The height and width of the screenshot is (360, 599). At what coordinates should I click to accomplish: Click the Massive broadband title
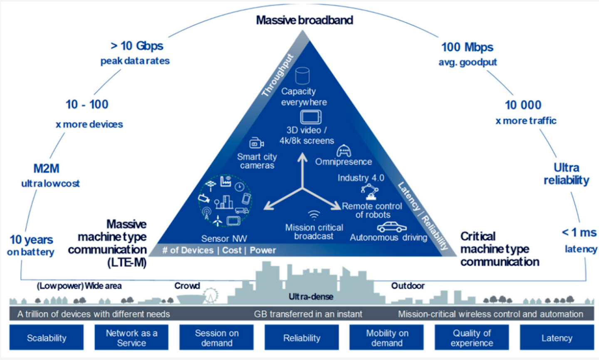tap(304, 20)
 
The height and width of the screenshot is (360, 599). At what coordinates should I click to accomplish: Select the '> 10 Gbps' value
tap(137, 46)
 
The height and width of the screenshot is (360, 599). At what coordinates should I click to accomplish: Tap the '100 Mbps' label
tap(467, 47)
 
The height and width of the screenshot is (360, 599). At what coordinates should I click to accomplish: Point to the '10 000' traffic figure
tap(523, 105)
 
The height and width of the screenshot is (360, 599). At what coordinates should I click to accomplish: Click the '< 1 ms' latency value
tap(579, 232)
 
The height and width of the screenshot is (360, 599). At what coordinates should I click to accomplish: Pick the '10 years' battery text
tap(31, 240)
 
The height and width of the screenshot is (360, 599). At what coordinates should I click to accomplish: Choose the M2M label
tap(46, 168)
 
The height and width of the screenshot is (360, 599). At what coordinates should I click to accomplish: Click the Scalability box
tap(47, 338)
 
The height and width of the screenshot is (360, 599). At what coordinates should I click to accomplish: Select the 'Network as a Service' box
tap(131, 338)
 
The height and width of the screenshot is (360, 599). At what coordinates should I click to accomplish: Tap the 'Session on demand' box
tap(216, 338)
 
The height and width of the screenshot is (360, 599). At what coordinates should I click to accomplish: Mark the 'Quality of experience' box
tap(472, 338)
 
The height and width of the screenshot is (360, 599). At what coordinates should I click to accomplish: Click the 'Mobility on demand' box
tap(387, 338)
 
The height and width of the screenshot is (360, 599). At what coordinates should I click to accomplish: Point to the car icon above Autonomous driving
tap(391, 227)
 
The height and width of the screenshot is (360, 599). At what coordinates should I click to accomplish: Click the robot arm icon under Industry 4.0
tap(370, 192)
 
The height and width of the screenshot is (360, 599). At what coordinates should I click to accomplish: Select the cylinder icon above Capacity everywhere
tap(302, 76)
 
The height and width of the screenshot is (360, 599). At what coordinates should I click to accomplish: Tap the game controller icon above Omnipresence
tap(344, 150)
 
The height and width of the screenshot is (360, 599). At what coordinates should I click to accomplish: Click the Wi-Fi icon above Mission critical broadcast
tap(314, 215)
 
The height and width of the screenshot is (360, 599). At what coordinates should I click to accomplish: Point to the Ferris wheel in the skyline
tap(211, 296)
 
